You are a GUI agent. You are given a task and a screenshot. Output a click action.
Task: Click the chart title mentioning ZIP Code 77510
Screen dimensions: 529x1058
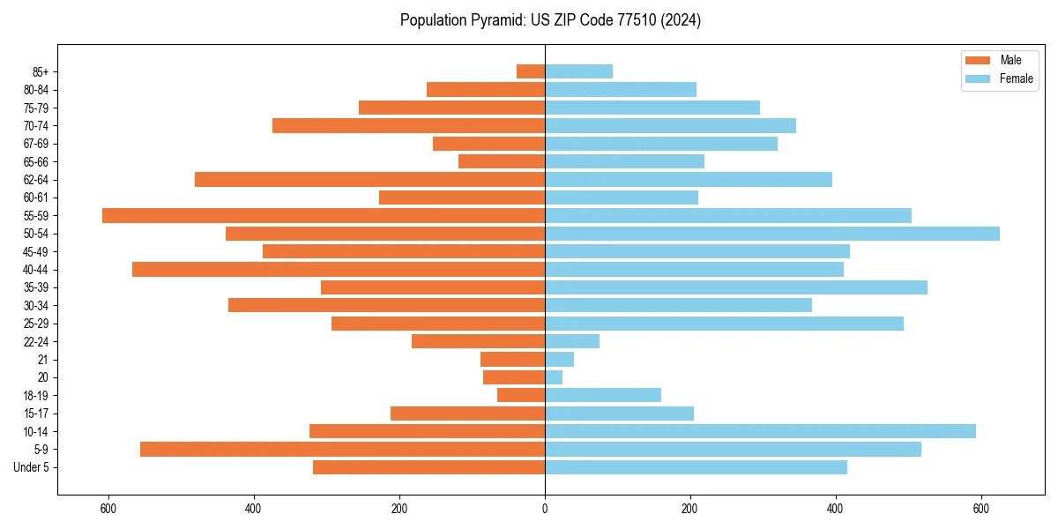coord(550,20)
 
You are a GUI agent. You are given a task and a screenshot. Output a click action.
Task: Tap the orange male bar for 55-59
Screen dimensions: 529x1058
coord(324,215)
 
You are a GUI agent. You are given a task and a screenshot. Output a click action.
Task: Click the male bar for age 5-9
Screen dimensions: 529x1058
coord(342,449)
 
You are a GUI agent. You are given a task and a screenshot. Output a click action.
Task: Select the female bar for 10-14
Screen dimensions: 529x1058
coord(760,431)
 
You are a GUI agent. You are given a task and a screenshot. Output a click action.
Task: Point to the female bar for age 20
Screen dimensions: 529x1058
coord(554,377)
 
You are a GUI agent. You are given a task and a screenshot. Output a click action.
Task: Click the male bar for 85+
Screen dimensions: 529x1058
coord(531,71)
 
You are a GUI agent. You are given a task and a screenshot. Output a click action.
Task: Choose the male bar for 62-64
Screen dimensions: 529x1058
coord(369,179)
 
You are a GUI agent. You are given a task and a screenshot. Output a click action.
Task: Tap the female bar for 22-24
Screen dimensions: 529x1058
coord(572,341)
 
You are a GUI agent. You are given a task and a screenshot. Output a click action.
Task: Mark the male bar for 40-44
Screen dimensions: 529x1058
coord(339,269)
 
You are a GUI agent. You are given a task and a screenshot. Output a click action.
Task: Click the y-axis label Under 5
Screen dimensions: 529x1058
coord(32,467)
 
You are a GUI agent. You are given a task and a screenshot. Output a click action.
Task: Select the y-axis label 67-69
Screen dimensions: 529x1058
coord(36,144)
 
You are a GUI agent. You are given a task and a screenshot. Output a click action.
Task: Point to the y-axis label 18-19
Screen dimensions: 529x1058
coord(36,395)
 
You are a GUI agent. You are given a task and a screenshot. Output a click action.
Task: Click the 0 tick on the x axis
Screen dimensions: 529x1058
coord(545,509)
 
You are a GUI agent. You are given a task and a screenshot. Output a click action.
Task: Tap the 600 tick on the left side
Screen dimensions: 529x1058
coord(108,509)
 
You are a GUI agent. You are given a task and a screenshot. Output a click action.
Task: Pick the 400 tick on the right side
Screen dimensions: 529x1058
coord(836,509)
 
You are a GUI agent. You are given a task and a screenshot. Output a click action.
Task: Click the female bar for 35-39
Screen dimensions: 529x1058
coord(736,287)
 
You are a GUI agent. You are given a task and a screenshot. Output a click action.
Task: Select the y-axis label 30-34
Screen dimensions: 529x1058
coord(36,305)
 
